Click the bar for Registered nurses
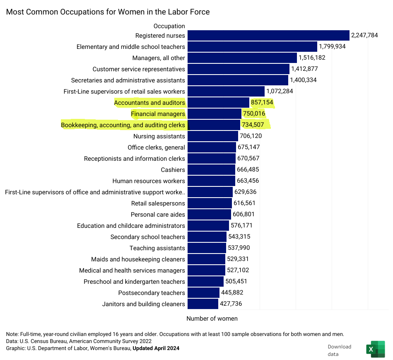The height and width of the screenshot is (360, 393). (268, 35)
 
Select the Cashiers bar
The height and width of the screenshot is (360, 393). (211, 170)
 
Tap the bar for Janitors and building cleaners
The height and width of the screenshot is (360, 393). (203, 304)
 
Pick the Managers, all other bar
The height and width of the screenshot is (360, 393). (242, 58)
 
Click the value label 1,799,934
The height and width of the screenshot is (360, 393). (332, 46)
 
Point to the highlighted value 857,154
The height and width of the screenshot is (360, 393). (262, 102)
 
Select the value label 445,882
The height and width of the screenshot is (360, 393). (232, 292)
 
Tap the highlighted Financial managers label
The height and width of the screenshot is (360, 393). (158, 114)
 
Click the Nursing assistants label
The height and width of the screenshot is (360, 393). (159, 136)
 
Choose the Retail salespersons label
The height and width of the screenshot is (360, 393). (158, 203)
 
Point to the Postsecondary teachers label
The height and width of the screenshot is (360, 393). (152, 293)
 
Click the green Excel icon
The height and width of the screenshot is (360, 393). (376, 349)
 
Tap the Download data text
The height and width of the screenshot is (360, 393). (339, 350)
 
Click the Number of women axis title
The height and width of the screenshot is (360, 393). (212, 319)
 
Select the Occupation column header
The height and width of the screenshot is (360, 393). (169, 26)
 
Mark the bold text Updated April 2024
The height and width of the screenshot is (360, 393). (156, 348)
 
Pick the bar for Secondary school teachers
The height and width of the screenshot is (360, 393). (207, 237)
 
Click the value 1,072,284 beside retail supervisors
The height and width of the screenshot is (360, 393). (280, 91)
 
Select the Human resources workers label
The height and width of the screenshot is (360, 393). (149, 181)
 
